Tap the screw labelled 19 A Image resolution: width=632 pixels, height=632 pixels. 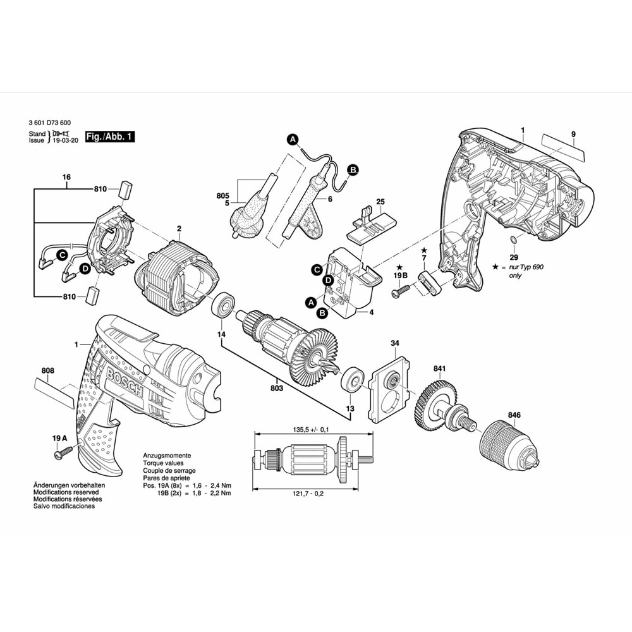[x=63, y=453]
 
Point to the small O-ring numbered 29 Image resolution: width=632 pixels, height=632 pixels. [x=514, y=240]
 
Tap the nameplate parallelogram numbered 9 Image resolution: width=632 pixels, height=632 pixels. [x=564, y=148]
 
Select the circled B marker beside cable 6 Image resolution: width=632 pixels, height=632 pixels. [x=353, y=169]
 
